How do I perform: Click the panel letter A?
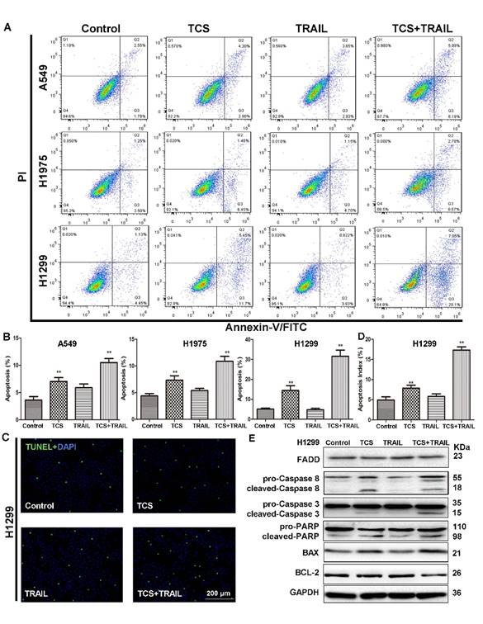(x=7, y=26)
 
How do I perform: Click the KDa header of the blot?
(x=462, y=443)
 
